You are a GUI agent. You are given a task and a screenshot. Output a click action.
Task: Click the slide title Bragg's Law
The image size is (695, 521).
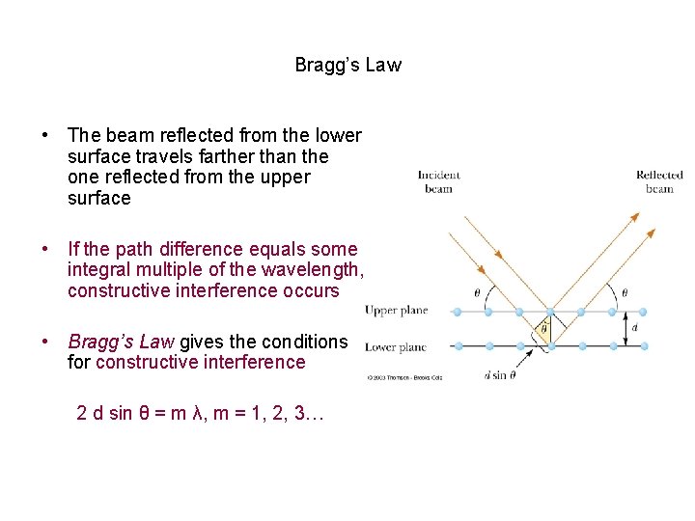coord(347,66)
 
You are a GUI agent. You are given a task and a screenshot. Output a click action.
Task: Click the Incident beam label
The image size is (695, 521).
coord(438,181)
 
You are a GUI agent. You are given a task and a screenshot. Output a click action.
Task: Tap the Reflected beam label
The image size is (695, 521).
coord(659,181)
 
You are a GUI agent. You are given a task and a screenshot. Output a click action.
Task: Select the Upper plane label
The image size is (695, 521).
coord(396,311)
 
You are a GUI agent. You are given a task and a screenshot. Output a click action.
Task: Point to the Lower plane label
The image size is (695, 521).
coord(395,346)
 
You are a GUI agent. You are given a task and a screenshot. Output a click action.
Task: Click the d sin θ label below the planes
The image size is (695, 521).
coord(500,375)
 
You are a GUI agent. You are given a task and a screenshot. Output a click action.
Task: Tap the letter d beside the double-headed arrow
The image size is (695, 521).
coord(634,328)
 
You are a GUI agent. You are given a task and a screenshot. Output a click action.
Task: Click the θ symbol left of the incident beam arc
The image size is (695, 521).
coord(477,292)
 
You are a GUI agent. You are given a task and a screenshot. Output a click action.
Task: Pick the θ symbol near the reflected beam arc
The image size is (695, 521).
coord(624,292)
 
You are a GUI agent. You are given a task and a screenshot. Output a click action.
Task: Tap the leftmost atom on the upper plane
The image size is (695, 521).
coord(458,312)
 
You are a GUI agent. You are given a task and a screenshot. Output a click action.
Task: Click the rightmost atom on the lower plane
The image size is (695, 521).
coord(644,345)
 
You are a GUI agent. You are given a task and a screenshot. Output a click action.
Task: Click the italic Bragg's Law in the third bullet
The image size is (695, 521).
coord(121,342)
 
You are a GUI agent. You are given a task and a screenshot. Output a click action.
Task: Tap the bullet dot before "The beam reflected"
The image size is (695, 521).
coord(44,135)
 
